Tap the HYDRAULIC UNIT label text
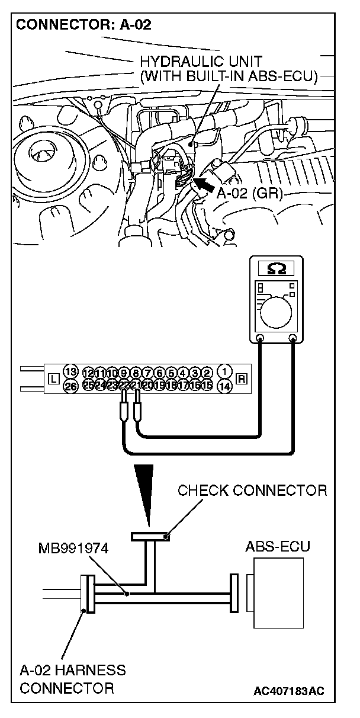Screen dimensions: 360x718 tap(201, 62)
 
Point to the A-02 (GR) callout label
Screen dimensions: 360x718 tap(249, 194)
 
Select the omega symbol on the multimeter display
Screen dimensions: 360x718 tap(276, 269)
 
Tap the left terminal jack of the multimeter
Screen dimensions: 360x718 tap(259, 339)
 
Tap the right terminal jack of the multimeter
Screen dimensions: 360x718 tap(292, 339)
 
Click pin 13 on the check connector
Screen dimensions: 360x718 tap(71, 371)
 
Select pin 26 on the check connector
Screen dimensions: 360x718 tap(71, 386)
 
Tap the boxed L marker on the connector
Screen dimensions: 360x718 tap(53, 379)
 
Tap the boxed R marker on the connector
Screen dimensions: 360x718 tap(241, 378)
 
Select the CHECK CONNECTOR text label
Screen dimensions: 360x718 tap(252, 491)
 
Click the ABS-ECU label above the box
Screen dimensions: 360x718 tap(277, 546)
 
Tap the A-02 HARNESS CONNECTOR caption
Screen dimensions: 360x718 tap(72, 679)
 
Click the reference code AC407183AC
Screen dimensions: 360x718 tap(290, 691)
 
